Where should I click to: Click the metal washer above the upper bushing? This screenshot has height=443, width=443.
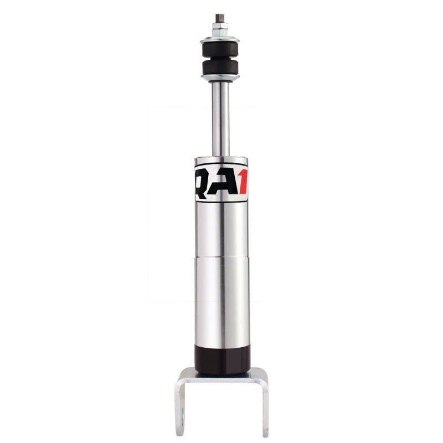tap(220, 39)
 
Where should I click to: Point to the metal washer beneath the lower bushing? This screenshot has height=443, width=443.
tap(220, 79)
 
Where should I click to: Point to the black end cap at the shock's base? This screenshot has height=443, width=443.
tap(221, 359)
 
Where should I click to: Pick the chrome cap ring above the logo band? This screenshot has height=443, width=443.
tap(221, 162)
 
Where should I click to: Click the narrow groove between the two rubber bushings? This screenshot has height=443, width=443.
tap(220, 59)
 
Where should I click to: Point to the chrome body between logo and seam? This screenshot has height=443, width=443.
tap(221, 230)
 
